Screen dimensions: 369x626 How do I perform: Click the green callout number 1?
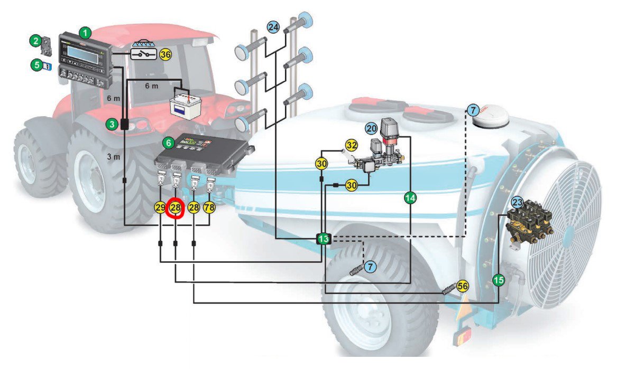[84, 33]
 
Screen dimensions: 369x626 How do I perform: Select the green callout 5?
[36, 66]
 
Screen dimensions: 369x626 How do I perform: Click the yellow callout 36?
[165, 54]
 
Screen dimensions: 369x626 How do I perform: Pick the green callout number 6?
[169, 143]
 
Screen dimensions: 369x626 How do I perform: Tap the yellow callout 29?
[160, 207]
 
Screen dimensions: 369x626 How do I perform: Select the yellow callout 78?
[209, 207]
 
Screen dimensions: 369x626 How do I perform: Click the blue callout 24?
[273, 26]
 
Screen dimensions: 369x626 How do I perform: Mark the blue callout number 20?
[371, 127]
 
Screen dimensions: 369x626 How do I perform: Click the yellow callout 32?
[352, 145]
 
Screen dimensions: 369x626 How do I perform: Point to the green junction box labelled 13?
[324, 239]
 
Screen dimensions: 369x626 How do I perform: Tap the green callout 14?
[410, 198]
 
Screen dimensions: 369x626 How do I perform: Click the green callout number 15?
[499, 280]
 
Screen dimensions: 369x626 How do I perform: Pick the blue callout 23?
[517, 202]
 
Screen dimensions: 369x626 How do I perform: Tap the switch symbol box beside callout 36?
[144, 54]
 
